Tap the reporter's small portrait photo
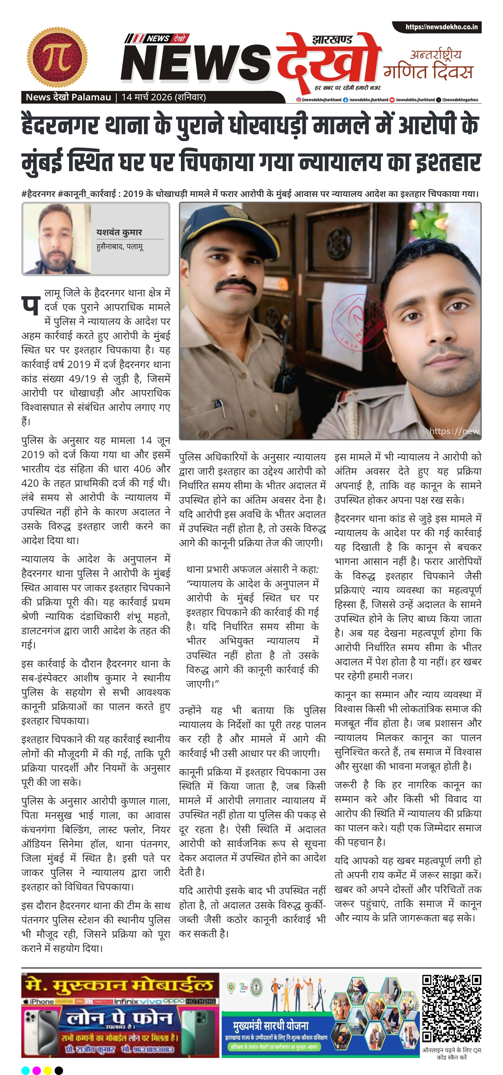(x=57, y=239)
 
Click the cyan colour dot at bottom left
(x=25, y=1070)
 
